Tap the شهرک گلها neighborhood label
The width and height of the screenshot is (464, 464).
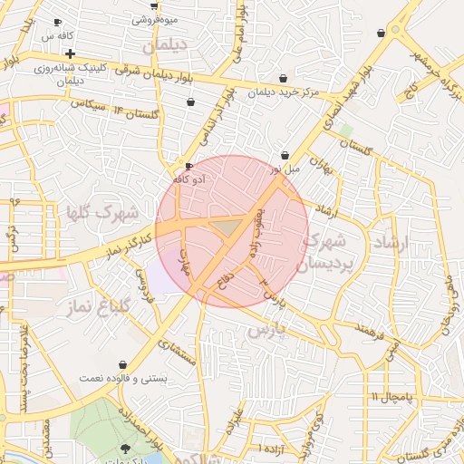101,214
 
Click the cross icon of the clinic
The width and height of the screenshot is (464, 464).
70,54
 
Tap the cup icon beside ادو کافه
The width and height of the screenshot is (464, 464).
188,167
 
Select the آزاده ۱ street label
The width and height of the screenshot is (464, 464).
271,448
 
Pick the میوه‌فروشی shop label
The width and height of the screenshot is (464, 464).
154,19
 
